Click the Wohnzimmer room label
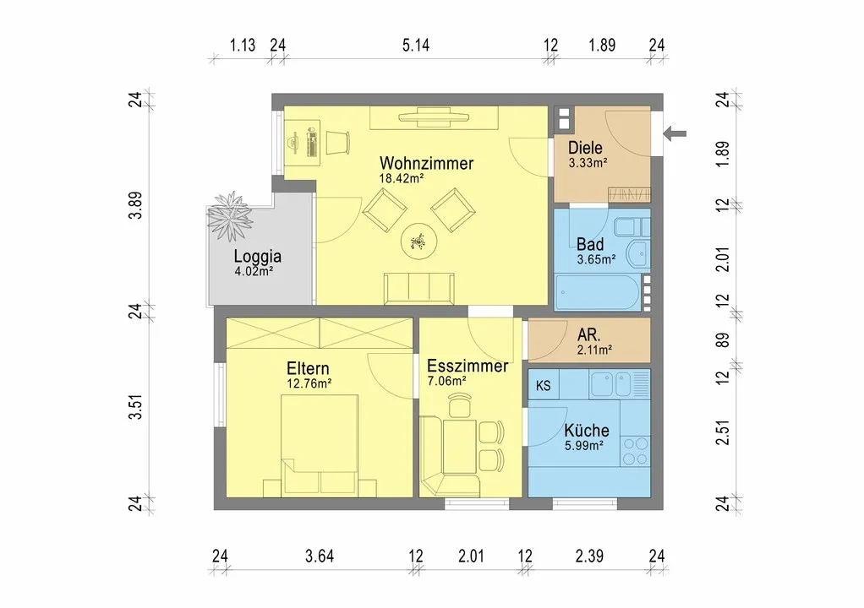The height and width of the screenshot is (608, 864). coord(426,164)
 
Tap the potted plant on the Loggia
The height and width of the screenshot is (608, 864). coord(230,216)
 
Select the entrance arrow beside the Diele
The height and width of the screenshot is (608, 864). coord(675,133)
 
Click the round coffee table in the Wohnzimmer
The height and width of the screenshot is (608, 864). coord(419,241)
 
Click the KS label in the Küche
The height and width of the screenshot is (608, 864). coord(544,386)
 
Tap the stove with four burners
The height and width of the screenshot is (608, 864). coord(636,451)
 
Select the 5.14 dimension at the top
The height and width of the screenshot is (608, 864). coord(416,45)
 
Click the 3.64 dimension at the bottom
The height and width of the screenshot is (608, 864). coord(320,556)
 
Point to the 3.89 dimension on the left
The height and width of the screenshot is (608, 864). coord(135,205)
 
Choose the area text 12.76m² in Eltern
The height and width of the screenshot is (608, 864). coord(309,383)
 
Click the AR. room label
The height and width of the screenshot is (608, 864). coord(589,334)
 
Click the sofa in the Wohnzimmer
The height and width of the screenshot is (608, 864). coord(419,288)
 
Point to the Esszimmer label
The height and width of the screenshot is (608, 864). coord(468,366)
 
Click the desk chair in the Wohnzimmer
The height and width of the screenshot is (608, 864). coord(338,143)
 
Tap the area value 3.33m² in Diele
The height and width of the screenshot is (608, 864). coord(588,163)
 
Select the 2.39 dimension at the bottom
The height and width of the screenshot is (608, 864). coord(589,556)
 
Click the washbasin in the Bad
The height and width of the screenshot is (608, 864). coord(640,253)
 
